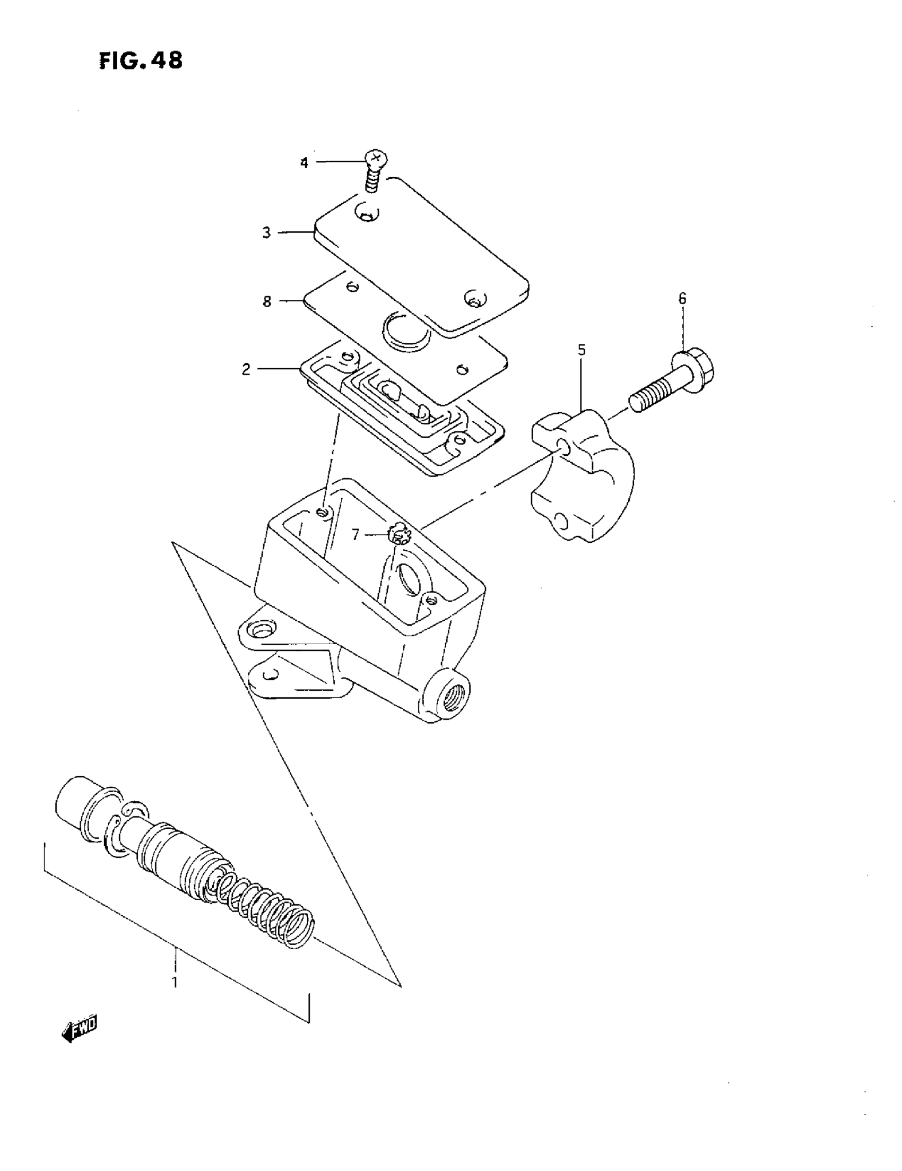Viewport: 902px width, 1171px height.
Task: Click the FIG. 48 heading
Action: [x=141, y=60]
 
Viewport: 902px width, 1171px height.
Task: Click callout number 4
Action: [x=304, y=162]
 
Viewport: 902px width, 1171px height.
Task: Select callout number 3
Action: [x=266, y=233]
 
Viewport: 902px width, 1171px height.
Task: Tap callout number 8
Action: [x=267, y=301]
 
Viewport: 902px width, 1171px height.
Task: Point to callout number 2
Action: [x=246, y=369]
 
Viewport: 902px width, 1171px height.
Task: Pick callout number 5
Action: [x=582, y=350]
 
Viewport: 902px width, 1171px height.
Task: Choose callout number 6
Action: [x=682, y=299]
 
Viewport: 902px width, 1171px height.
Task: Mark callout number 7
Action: [x=355, y=534]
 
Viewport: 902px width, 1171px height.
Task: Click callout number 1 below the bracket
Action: [x=174, y=982]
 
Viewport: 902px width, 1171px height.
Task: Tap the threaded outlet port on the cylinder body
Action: [x=452, y=697]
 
